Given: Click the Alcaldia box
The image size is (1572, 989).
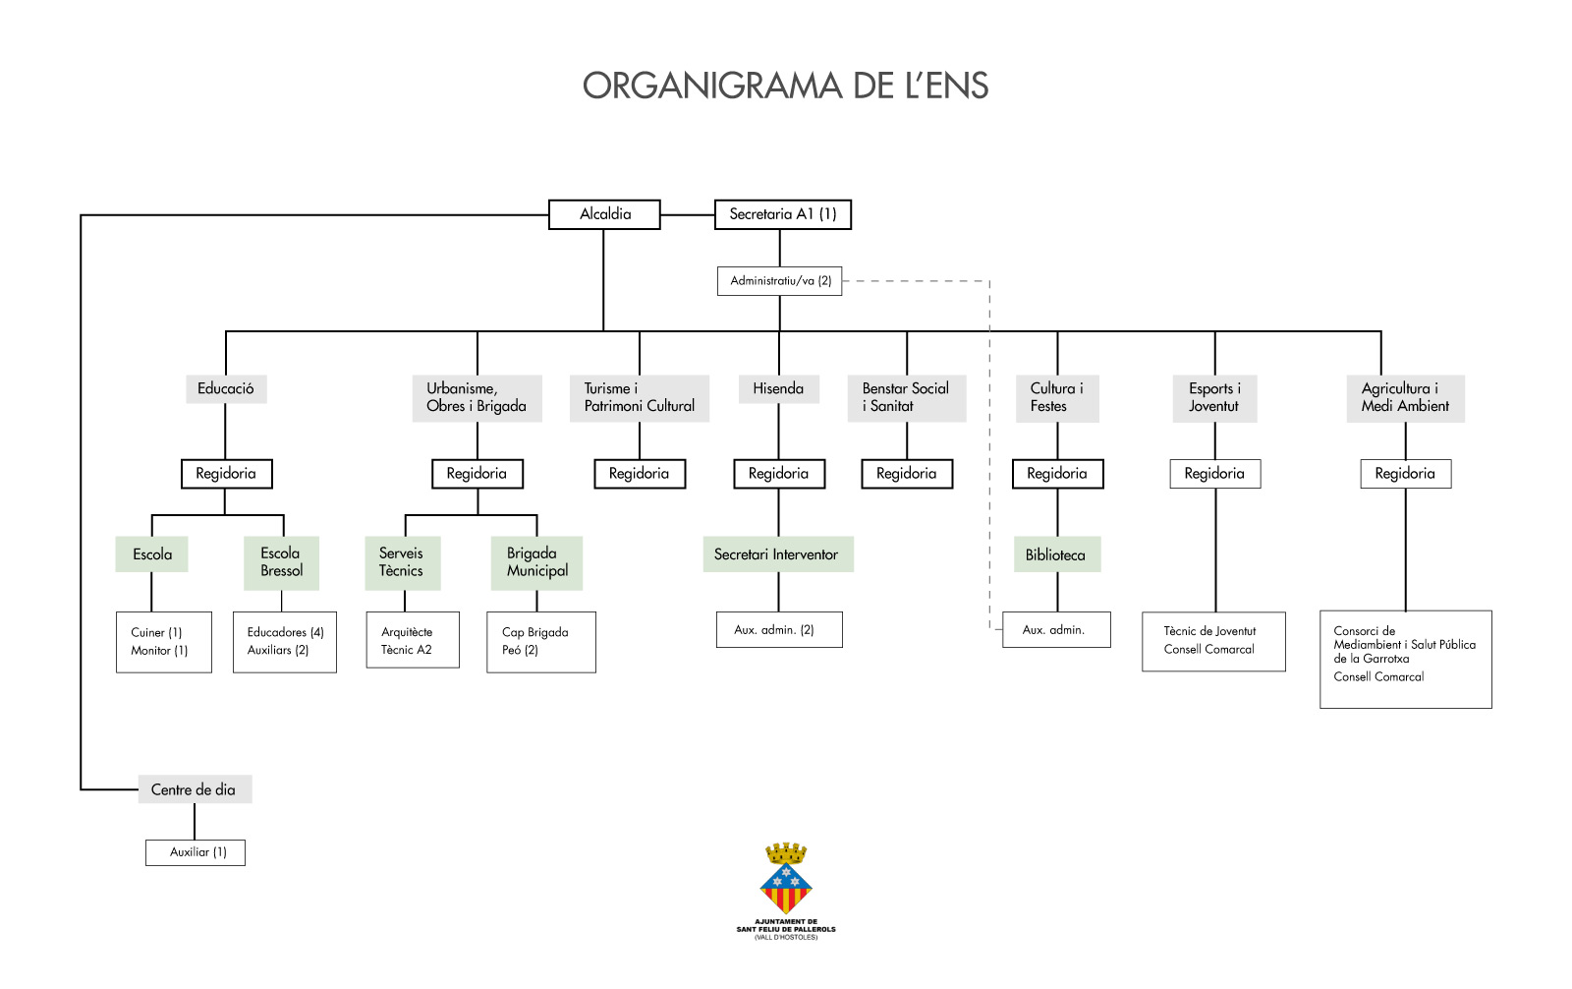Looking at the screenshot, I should click(x=604, y=214).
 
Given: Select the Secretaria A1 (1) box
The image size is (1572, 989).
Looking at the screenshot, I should click(x=782, y=214).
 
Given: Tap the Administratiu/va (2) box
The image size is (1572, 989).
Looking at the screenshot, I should click(x=780, y=281).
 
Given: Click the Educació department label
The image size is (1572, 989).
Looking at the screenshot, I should click(x=226, y=388).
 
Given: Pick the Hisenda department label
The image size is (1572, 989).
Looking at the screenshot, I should click(x=778, y=388).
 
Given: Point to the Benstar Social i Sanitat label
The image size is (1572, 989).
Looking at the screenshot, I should click(x=906, y=397).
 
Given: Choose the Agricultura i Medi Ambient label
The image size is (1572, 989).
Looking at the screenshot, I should click(x=1405, y=397).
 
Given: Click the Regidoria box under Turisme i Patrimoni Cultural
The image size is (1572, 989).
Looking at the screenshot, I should click(x=640, y=474).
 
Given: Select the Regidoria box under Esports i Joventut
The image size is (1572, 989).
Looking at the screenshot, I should click(x=1214, y=474).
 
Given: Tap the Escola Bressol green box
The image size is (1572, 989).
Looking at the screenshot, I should click(x=281, y=562).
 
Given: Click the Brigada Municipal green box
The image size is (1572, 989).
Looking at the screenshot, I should click(x=536, y=562).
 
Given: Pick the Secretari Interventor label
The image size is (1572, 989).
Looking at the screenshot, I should click(x=777, y=554).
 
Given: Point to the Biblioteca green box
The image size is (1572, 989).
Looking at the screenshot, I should click(x=1056, y=554).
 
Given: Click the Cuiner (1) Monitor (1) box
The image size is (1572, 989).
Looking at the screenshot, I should click(x=163, y=642).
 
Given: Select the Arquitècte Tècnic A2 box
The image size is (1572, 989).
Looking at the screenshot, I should click(x=413, y=641).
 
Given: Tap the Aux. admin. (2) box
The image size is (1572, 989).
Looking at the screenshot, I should click(x=779, y=630).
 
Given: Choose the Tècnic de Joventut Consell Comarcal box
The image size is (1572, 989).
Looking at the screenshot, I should click(x=1213, y=641).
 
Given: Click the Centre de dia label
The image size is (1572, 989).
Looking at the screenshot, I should click(x=195, y=789).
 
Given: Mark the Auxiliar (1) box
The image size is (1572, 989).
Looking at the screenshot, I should click(x=195, y=852).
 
